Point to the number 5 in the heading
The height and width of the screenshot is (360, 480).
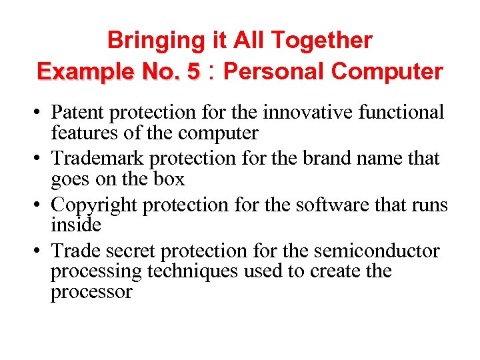coord(193,71)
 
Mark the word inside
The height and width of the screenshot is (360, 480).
coord(76,225)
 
